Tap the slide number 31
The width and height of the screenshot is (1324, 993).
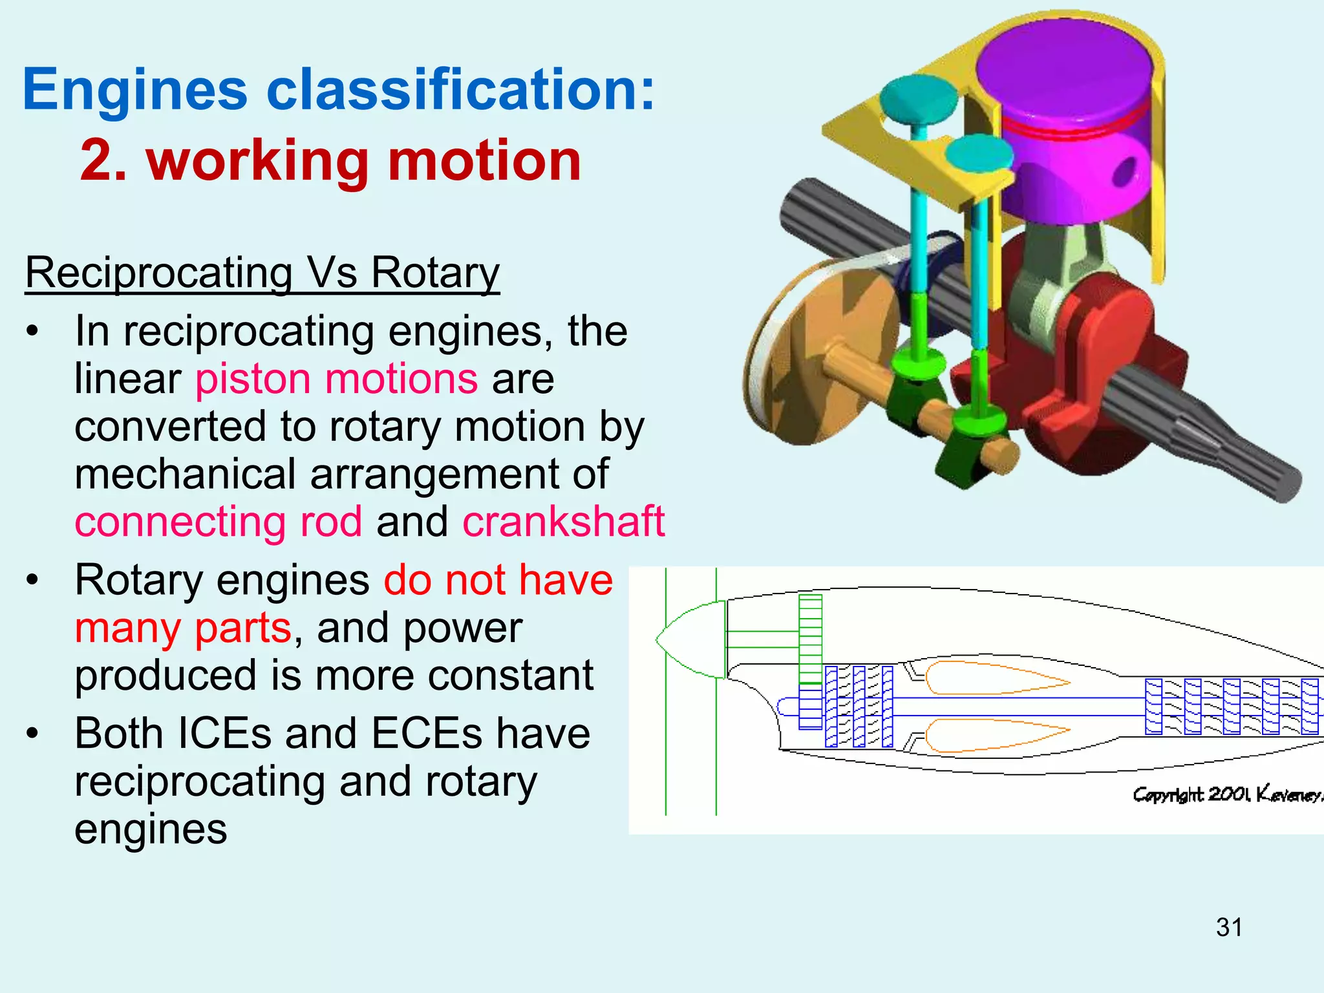click(x=1228, y=927)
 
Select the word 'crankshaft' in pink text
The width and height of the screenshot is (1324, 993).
click(x=563, y=521)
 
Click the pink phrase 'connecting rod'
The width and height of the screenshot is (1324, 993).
click(x=219, y=521)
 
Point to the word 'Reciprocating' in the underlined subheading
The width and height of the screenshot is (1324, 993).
click(x=159, y=272)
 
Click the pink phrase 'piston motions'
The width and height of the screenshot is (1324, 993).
click(x=336, y=378)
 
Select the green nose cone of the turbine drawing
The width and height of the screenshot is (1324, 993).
click(x=692, y=640)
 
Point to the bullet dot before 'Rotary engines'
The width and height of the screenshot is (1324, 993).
click(x=32, y=580)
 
